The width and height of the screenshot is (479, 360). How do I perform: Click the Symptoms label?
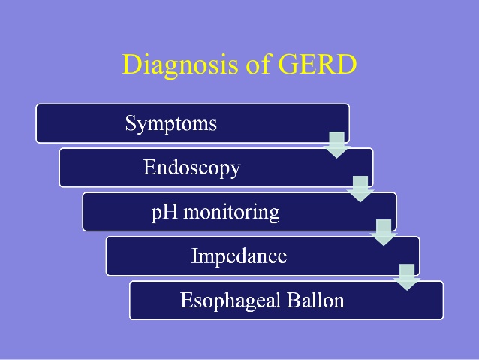(x=171, y=123)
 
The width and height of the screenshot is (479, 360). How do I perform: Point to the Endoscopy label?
(x=191, y=168)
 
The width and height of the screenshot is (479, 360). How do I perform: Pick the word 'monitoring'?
(x=230, y=212)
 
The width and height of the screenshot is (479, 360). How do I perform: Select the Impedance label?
(x=239, y=256)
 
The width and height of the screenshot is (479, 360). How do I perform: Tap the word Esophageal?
(x=229, y=301)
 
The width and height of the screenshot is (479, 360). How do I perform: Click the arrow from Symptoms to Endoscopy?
(x=337, y=144)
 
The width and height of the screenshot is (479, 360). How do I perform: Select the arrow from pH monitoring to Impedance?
(x=384, y=232)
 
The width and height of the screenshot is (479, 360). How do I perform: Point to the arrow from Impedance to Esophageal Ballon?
(x=407, y=277)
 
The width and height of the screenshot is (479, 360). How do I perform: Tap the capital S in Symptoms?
(x=131, y=123)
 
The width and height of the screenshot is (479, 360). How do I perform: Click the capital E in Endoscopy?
(x=149, y=167)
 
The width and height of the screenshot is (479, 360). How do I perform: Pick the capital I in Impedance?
(x=195, y=256)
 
